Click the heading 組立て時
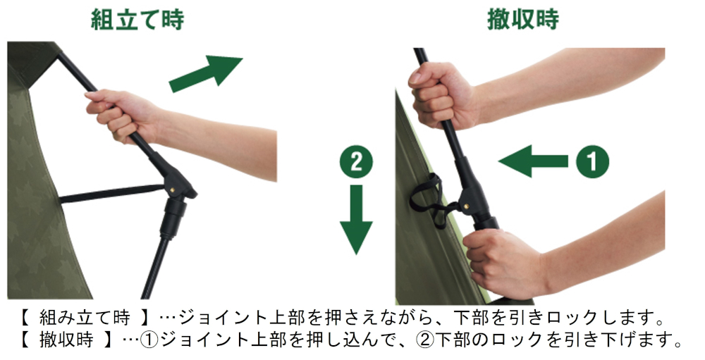pyautogui.click(x=137, y=19)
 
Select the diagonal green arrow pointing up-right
pyautogui.click(x=206, y=73)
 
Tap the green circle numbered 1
pyautogui.click(x=591, y=161)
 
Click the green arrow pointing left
pyautogui.click(x=533, y=161)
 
